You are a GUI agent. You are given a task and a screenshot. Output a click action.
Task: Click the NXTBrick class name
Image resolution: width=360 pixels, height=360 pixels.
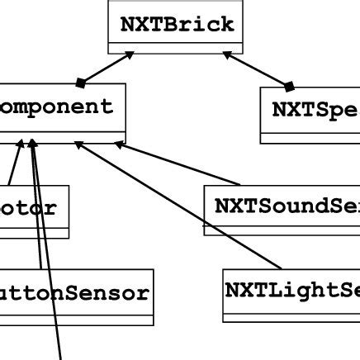point(178,24)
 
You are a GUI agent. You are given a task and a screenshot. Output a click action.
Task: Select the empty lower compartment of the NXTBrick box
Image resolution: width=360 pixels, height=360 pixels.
point(178,48)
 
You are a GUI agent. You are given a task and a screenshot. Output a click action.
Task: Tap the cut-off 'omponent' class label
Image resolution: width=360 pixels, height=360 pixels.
point(56,107)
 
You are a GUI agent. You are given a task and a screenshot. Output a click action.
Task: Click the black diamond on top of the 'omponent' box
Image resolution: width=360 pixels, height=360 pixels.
point(80,83)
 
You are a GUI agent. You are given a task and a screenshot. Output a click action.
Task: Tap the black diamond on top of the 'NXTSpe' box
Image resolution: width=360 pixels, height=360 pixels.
point(289,85)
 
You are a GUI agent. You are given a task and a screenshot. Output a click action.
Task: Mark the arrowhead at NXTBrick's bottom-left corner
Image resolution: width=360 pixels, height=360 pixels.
point(130,56)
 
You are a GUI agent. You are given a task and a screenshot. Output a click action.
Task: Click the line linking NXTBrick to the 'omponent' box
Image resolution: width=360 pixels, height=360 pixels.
point(105,69)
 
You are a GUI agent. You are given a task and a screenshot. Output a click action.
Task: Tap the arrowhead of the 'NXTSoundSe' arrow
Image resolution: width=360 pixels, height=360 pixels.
point(118,144)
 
